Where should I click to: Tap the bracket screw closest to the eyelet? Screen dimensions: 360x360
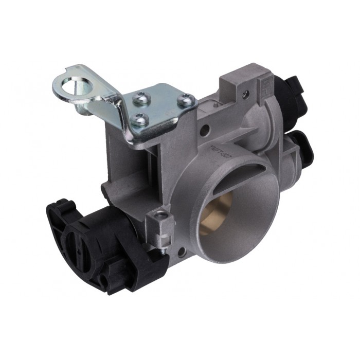[140, 97]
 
